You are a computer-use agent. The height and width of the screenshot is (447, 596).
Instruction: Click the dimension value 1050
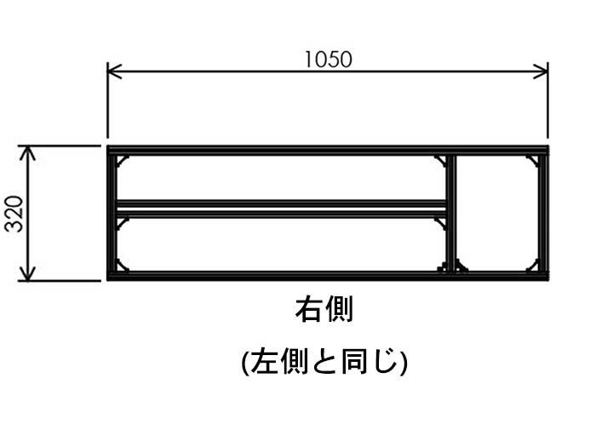click(328, 59)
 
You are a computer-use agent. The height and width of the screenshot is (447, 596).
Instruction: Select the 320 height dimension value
click(14, 213)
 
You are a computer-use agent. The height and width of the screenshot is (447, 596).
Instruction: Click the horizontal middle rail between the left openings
click(281, 207)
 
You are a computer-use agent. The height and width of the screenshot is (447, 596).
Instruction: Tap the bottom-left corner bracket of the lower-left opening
click(122, 266)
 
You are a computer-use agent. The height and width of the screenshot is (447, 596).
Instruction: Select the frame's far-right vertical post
click(542, 213)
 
